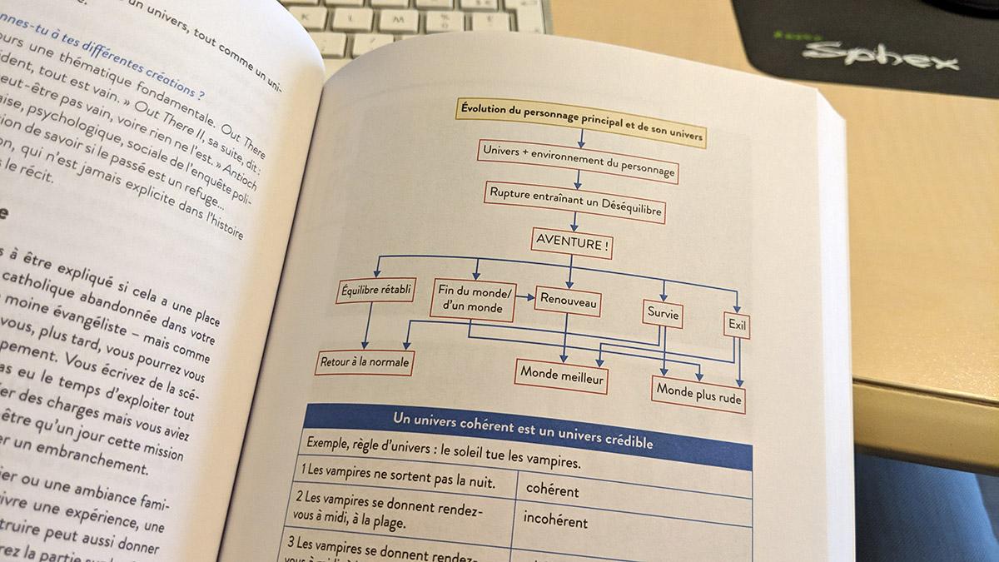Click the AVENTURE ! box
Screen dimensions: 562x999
571,243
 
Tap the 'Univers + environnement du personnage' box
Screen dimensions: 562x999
578,162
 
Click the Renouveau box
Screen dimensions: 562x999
569,301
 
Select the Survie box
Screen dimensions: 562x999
664,314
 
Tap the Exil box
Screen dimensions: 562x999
737,326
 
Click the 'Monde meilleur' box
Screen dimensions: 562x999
562,377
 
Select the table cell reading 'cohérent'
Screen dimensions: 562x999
553,490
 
